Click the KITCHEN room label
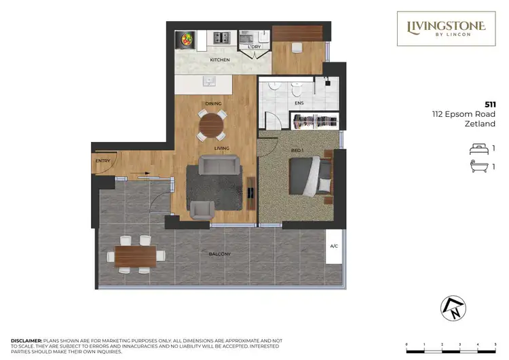pyautogui.click(x=219, y=60)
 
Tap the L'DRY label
pyautogui.click(x=254, y=47)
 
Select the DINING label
pyautogui.click(x=214, y=103)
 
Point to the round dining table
pyautogui.click(x=212, y=125)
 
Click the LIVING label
pyautogui.click(x=221, y=148)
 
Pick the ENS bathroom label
pyautogui.click(x=299, y=103)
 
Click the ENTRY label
pyautogui.click(x=102, y=161)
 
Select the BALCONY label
pyautogui.click(x=220, y=254)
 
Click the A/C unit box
pyautogui.click(x=334, y=247)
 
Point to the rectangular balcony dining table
pyautogui.click(x=134, y=255)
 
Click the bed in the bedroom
pyautogui.click(x=310, y=177)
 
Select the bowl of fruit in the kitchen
pyautogui.click(x=185, y=39)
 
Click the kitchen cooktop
pyautogui.click(x=221, y=38)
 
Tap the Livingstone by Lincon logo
pyautogui.click(x=446, y=29)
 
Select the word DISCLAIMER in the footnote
pyautogui.click(x=26, y=340)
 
